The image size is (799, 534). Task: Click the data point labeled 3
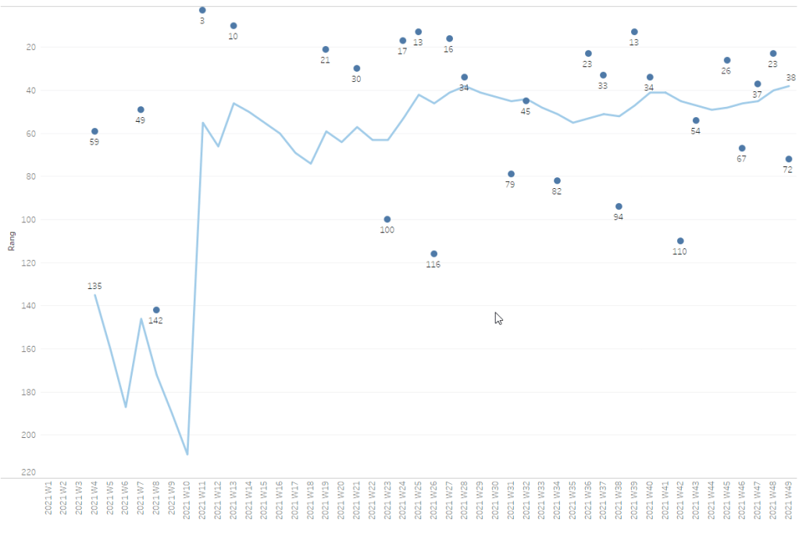click(202, 10)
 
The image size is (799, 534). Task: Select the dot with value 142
click(156, 310)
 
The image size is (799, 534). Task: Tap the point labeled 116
click(433, 254)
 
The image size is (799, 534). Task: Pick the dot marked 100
click(387, 219)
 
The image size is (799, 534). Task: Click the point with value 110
click(680, 241)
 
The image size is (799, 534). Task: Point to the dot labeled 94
click(619, 207)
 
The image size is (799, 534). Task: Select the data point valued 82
click(557, 181)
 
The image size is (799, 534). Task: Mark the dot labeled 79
click(511, 174)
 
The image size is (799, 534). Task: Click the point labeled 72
click(789, 159)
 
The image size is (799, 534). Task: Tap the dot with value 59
click(95, 132)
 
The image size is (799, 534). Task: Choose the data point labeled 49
click(141, 110)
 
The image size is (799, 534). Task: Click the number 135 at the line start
click(95, 287)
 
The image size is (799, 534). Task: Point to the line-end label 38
click(790, 78)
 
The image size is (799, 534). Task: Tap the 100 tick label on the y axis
click(30, 219)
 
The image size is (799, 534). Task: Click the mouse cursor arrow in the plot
click(498, 318)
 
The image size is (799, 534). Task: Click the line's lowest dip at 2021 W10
click(187, 454)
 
